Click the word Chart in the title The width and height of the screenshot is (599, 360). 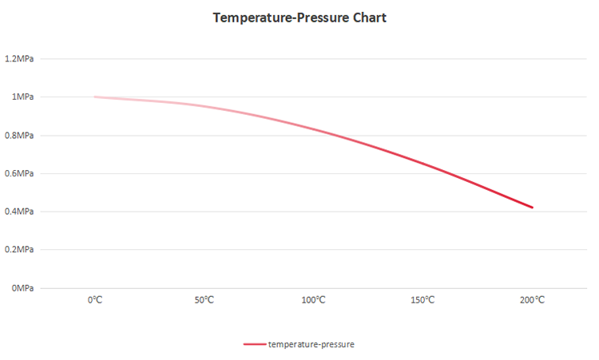pos(367,18)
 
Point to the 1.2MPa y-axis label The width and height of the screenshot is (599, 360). pos(19,59)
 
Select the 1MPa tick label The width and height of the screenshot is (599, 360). pos(22,97)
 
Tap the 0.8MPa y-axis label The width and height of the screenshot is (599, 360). pos(19,136)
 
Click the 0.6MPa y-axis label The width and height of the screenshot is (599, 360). pos(19,173)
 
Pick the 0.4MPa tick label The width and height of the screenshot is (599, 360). pos(19,212)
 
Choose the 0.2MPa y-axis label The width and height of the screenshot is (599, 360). pos(19,250)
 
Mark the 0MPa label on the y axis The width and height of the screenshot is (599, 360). pos(22,288)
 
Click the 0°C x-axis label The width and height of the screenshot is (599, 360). pos(95,300)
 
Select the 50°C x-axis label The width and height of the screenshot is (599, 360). pos(204,300)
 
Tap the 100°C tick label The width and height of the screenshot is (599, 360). pos(313,300)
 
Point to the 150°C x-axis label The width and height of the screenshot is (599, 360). pos(422,300)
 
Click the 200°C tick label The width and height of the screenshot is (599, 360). pos(532,300)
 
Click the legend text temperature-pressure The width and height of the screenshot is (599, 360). pos(311,344)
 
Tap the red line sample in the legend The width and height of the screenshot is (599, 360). pos(254,344)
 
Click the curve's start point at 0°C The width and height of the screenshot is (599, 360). pos(95,97)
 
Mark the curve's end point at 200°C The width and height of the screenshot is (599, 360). pos(532,208)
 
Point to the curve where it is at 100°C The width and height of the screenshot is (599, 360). pos(313,128)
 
